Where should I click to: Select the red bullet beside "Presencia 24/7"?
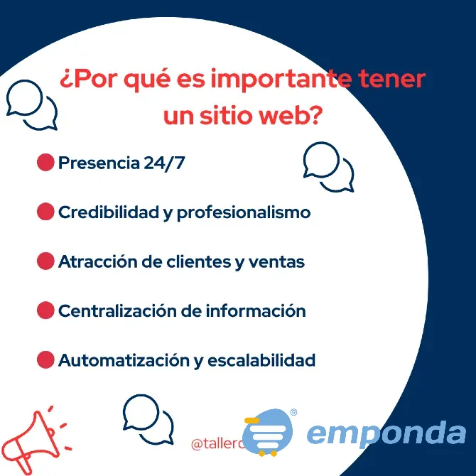point(45,163)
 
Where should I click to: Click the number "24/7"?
point(163,163)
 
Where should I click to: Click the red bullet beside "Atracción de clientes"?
point(45,261)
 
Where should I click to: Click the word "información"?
point(255,310)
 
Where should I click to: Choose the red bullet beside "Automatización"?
point(45,359)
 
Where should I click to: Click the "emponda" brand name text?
point(386,433)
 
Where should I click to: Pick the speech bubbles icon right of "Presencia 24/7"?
point(328,166)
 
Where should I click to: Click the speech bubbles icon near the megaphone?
point(148,420)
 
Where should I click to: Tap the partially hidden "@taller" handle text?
point(217,444)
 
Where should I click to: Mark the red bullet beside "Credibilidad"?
point(45,212)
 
